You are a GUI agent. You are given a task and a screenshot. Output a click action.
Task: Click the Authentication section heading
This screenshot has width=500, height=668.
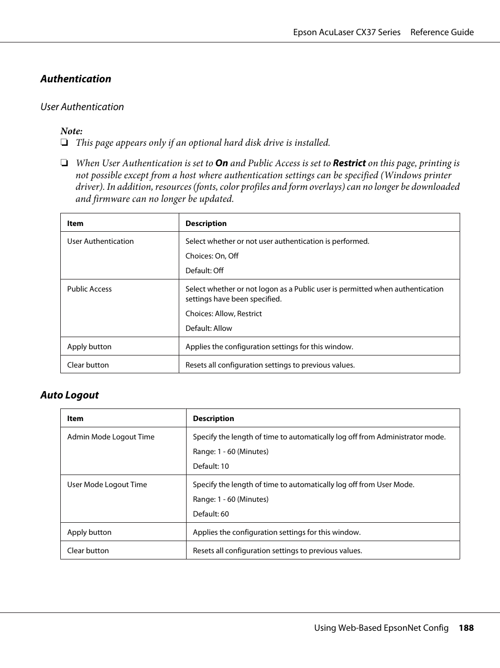[x=75, y=79]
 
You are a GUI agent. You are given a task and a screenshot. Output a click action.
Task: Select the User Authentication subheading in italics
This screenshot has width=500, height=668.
[x=82, y=106]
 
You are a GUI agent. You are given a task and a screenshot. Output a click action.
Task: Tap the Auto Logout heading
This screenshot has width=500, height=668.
[x=69, y=395]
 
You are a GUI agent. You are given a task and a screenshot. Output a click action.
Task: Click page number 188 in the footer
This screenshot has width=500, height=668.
[x=465, y=628]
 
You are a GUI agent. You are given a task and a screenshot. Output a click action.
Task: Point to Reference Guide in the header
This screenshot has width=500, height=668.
[x=441, y=32]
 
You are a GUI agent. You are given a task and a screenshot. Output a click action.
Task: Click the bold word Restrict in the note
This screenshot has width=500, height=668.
[x=349, y=163]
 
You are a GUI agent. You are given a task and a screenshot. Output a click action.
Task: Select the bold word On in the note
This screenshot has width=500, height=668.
[x=221, y=163]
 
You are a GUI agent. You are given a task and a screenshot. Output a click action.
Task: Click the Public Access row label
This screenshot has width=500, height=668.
[x=89, y=289]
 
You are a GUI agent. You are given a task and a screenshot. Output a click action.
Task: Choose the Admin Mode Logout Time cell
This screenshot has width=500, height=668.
[x=111, y=437]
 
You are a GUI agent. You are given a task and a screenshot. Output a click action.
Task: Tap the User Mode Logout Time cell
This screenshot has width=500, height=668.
[x=107, y=484]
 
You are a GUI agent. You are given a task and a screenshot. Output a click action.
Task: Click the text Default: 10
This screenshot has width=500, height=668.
[x=211, y=466]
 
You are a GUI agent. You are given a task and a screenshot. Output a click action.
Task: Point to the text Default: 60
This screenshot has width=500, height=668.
[x=211, y=514]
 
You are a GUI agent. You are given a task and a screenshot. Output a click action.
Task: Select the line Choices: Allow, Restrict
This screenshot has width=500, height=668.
[x=223, y=314]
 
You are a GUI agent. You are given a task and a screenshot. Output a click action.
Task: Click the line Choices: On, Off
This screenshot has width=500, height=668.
[x=212, y=256]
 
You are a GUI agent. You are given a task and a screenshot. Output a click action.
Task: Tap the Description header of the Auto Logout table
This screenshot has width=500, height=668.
[x=213, y=418]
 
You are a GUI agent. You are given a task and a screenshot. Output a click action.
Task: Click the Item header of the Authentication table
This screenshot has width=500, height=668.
[x=75, y=223]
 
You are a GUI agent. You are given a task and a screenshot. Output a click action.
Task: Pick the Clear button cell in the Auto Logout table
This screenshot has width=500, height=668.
[x=88, y=551]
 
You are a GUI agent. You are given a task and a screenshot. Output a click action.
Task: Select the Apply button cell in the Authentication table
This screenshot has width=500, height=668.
[x=89, y=347]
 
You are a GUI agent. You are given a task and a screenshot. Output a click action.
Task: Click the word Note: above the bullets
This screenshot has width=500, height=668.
[x=71, y=131]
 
